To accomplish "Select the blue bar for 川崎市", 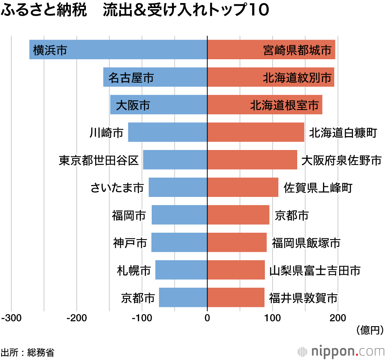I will point(167,132).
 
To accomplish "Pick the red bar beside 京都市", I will point(238,215).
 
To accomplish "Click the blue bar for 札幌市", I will point(181,270).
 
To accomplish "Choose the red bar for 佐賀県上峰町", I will point(243,187).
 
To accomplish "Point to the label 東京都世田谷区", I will point(99,160).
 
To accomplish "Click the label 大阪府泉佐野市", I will point(341,160).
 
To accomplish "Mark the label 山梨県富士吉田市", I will point(315,270).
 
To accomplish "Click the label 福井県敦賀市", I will point(303,298).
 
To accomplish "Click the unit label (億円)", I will point(370,330).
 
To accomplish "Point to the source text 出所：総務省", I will point(27,352).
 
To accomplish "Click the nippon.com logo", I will point(341,351).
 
